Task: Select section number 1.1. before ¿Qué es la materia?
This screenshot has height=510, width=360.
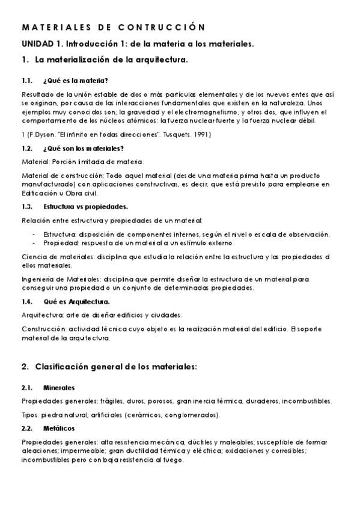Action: [27, 80]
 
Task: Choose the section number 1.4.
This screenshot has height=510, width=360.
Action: [27, 301]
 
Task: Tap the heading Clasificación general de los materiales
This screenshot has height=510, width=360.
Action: [116, 366]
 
